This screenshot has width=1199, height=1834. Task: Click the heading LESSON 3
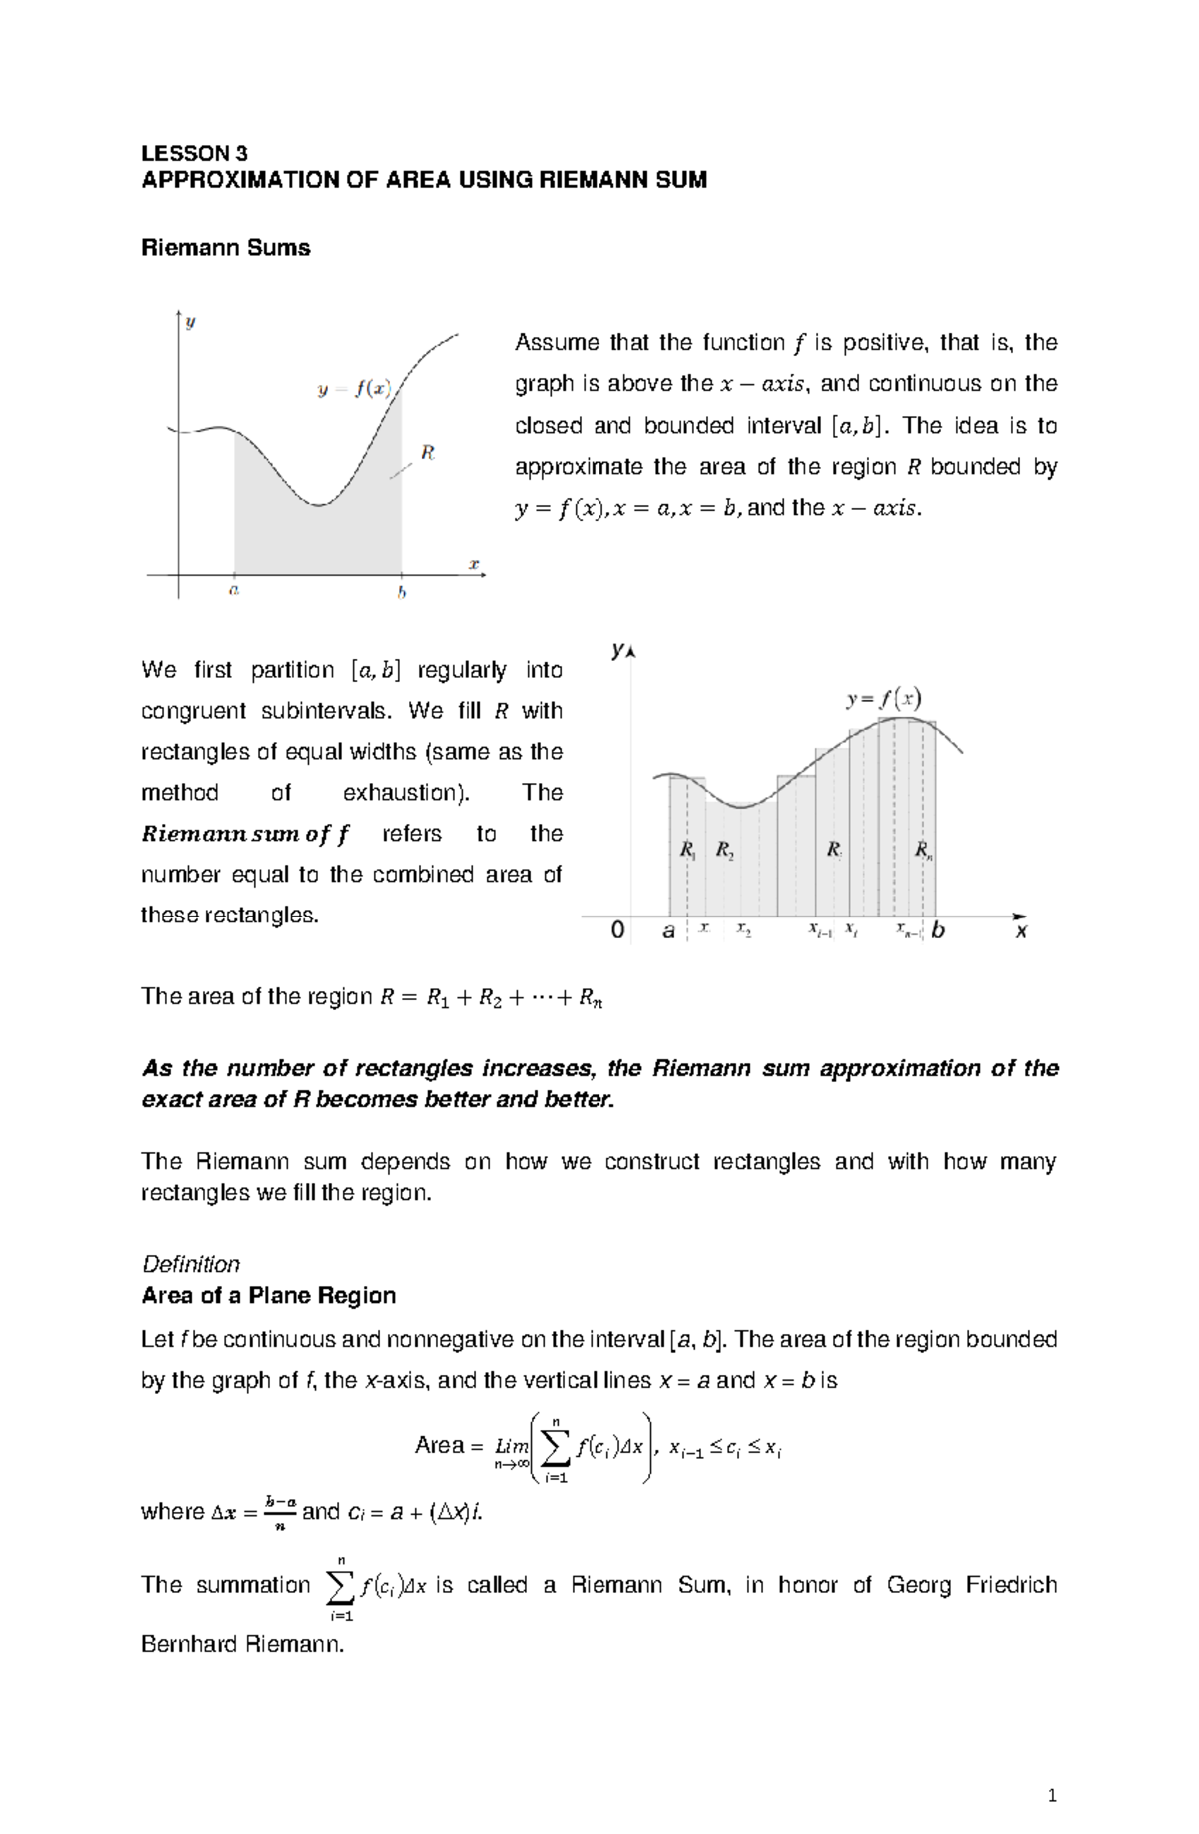pos(194,153)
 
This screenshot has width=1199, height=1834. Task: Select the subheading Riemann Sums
pos(226,248)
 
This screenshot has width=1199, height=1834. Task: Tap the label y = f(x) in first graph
pos(354,389)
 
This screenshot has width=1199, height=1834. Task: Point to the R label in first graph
pos(428,453)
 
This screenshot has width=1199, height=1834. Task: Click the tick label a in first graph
pos(234,591)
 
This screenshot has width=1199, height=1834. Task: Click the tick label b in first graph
pos(402,593)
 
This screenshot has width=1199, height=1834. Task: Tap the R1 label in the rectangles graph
pos(688,851)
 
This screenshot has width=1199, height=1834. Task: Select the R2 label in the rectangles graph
pos(725,851)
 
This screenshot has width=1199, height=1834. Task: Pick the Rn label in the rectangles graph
pos(924,851)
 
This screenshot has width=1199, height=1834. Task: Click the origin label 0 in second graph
pos(618,931)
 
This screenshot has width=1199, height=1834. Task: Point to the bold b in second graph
pos(938,931)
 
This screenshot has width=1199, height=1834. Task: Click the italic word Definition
pos(191,1264)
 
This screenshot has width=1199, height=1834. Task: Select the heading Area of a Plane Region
pos(269,1296)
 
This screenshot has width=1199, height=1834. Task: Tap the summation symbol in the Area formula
pos(556,1446)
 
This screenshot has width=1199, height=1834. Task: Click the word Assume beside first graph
pos(557,343)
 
